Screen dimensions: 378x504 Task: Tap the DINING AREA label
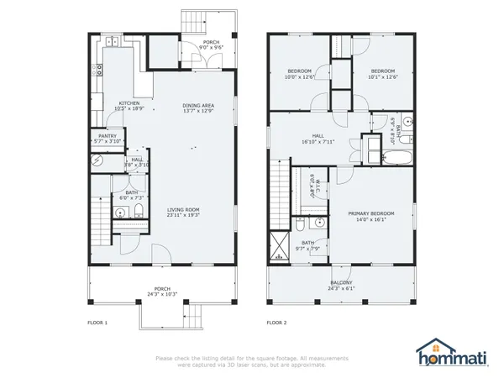tap(199, 108)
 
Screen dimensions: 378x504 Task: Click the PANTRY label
tap(108, 138)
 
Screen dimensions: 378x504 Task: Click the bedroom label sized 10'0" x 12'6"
tap(301, 74)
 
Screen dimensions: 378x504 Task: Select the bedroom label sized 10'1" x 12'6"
tap(382, 74)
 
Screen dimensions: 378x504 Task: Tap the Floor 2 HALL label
tap(318, 139)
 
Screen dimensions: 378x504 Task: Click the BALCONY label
tap(341, 285)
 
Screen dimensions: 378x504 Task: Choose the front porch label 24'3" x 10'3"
tap(162, 292)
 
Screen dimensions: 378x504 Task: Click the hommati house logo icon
tap(433, 350)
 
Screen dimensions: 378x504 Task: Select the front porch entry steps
tap(194, 317)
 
